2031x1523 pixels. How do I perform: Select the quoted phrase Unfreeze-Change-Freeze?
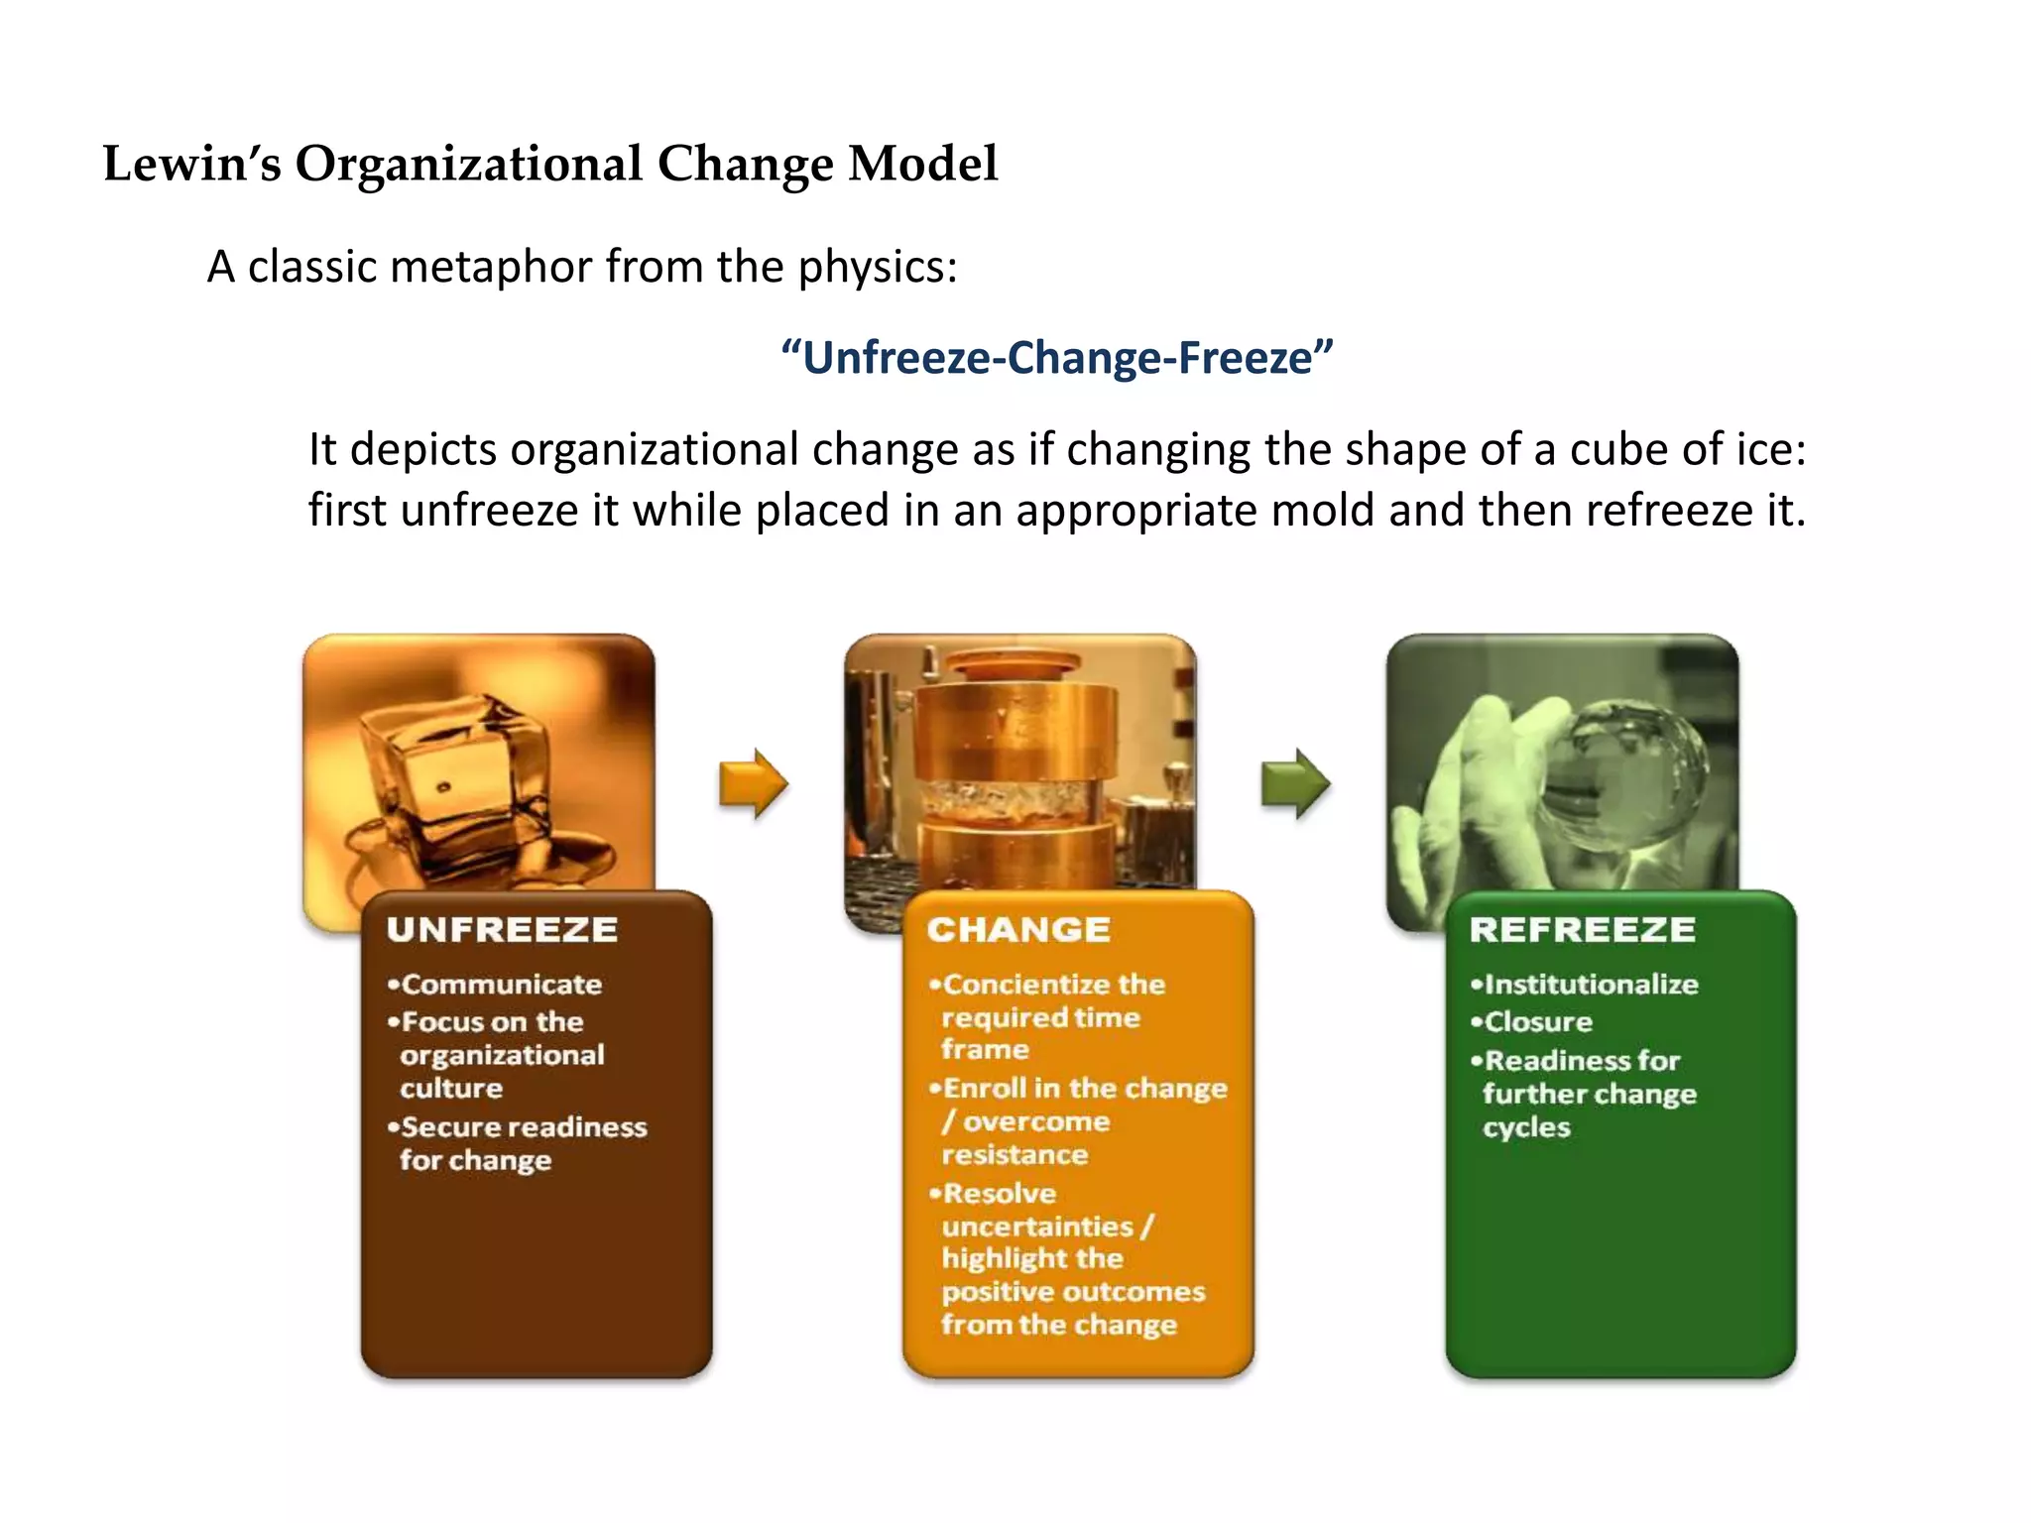point(1057,357)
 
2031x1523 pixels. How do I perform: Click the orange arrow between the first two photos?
point(754,783)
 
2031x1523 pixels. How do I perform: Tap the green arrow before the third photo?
point(1295,783)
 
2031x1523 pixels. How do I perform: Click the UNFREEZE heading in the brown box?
point(502,930)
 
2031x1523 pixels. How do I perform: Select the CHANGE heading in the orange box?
point(1018,930)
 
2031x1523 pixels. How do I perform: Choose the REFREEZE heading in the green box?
point(1583,930)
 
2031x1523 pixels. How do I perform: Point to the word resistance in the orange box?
point(1015,1155)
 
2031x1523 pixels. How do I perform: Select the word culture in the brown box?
point(451,1089)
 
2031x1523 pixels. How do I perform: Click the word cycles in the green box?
point(1526,1128)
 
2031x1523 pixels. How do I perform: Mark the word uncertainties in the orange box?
point(1036,1228)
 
